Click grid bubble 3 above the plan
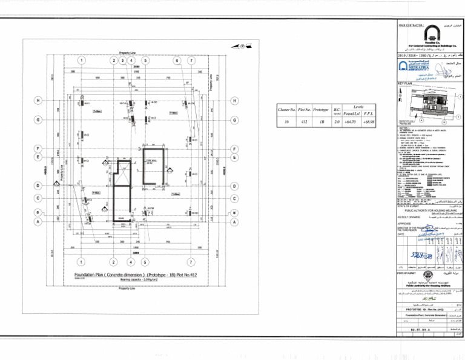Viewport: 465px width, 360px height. click(x=123, y=60)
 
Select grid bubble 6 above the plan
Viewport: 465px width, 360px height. click(x=176, y=60)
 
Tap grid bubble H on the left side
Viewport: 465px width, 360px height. click(x=38, y=100)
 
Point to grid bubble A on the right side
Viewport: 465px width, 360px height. click(x=234, y=222)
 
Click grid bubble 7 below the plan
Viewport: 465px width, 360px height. click(x=191, y=262)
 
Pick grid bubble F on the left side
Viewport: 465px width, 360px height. click(x=38, y=148)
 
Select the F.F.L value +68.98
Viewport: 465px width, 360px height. click(x=369, y=122)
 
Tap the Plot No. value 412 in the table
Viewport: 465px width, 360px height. click(x=303, y=122)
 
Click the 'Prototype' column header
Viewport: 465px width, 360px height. click(x=320, y=110)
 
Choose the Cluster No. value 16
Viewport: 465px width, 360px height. click(x=286, y=122)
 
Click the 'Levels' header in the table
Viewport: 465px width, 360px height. click(x=359, y=106)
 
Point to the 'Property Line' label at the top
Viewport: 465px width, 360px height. click(x=128, y=53)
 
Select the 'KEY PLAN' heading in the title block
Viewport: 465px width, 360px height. click(x=405, y=83)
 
